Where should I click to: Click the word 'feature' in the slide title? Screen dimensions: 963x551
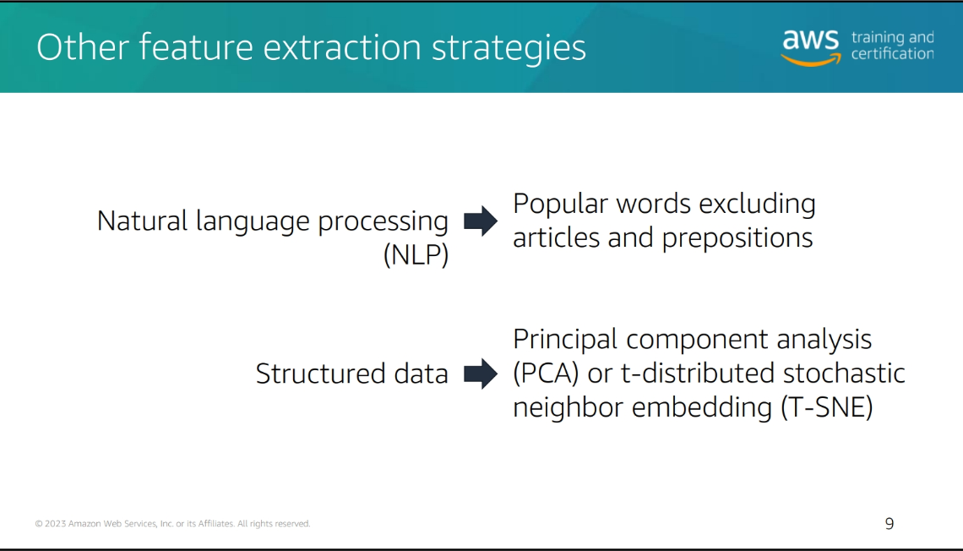tap(196, 46)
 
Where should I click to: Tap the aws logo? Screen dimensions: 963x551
tap(811, 47)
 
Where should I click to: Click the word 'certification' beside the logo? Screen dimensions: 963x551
tap(892, 54)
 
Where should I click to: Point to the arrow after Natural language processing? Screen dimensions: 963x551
tap(481, 221)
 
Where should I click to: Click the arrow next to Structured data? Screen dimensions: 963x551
tap(481, 374)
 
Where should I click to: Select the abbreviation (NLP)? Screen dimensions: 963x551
tap(416, 254)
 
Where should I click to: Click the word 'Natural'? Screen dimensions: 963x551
tap(142, 221)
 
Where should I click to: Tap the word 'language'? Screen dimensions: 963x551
tap(253, 222)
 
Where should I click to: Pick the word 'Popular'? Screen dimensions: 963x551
tap(560, 205)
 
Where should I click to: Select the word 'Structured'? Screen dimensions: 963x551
tap(321, 374)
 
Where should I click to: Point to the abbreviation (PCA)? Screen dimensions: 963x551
tap(546, 374)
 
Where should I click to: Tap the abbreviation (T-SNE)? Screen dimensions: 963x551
tap(827, 407)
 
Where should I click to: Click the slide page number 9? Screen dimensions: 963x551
tap(890, 523)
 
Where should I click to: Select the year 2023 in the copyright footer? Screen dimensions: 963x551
tap(55, 523)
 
